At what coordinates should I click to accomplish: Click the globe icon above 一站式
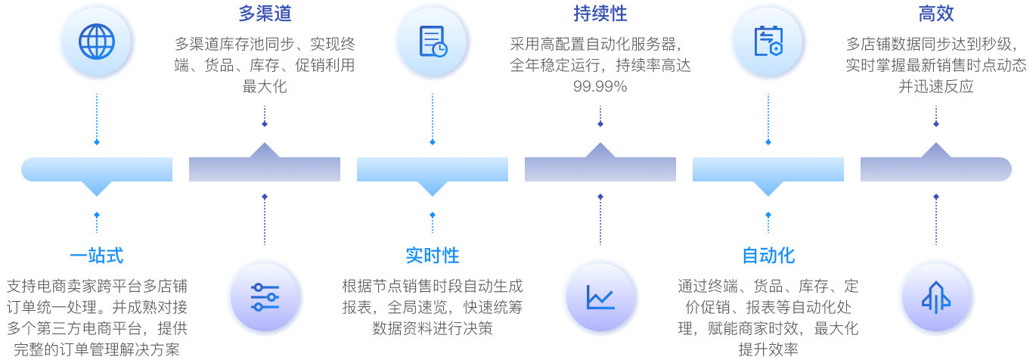coord(97,41)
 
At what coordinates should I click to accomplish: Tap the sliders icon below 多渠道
coord(265,298)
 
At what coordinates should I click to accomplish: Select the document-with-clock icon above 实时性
coord(433,41)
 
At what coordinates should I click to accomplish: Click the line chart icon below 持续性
coord(600,298)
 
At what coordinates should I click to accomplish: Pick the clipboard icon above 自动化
coord(768,41)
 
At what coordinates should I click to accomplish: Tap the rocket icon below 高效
coord(936,298)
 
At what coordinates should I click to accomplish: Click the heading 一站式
coord(97,256)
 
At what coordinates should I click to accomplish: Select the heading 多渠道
coord(265,14)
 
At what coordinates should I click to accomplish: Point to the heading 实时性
coord(433,256)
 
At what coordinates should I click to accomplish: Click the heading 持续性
coord(600,14)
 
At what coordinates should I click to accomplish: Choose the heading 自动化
coord(768,256)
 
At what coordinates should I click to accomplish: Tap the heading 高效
coord(936,14)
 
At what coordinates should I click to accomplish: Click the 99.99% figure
coord(600,86)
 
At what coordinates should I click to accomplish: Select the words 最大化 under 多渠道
coord(265,86)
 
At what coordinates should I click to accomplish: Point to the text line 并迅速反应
coord(936,86)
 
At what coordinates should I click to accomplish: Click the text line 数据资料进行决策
coord(433,328)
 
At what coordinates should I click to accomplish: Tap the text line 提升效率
coord(768,349)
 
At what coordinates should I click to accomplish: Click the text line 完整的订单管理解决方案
coord(97,349)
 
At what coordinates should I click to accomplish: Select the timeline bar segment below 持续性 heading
coord(600,169)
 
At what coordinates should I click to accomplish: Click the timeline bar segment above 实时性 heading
coord(433,169)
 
